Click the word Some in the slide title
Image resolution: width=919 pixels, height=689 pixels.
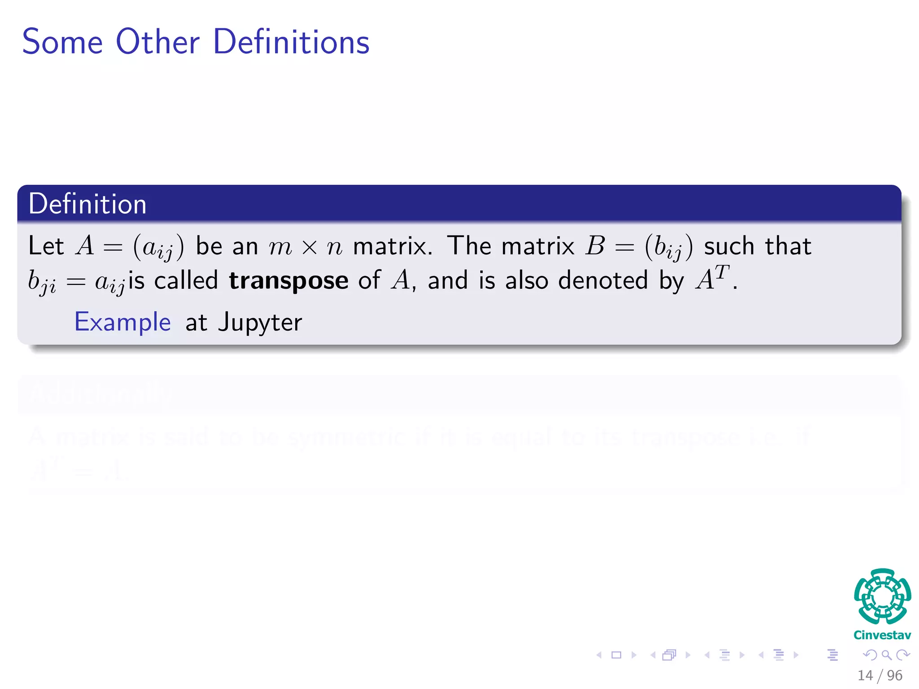(x=62, y=42)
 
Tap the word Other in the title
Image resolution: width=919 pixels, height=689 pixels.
(x=158, y=42)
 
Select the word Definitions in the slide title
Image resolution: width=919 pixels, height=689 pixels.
(x=291, y=42)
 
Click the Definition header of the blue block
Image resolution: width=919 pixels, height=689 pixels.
(x=88, y=204)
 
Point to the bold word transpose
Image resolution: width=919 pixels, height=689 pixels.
(x=289, y=281)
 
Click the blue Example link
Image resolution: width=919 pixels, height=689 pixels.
(x=123, y=322)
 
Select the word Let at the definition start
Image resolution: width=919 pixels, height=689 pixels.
(x=46, y=246)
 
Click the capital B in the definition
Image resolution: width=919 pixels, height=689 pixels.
(x=595, y=246)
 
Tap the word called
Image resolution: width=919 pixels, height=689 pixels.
(x=186, y=281)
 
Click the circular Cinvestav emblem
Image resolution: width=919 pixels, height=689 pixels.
(x=882, y=597)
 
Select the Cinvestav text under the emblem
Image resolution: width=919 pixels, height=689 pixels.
(x=882, y=635)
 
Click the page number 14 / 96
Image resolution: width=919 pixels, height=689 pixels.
(x=880, y=676)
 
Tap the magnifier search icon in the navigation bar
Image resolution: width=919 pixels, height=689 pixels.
(x=886, y=655)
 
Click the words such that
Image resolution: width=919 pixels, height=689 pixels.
(x=757, y=246)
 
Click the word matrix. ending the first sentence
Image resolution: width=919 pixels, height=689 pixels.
(x=393, y=246)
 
